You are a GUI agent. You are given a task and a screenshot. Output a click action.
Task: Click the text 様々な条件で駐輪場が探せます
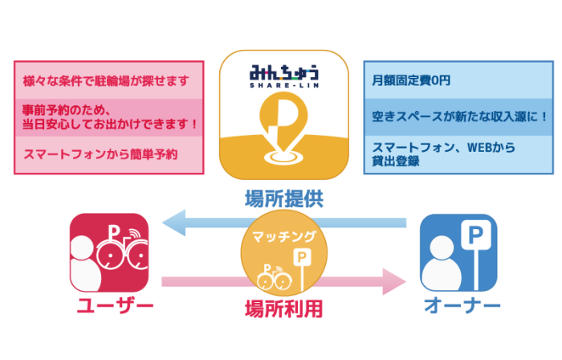click(106, 81)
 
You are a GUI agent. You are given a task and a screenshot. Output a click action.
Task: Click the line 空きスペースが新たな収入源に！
click(460, 117)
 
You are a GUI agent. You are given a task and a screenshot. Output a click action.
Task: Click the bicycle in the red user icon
click(124, 255)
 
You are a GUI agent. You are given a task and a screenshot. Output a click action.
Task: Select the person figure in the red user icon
click(87, 264)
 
